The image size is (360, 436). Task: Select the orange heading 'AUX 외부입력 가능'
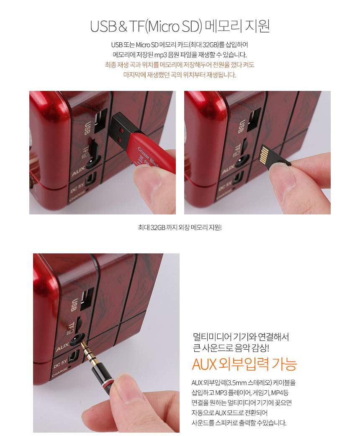coord(244,364)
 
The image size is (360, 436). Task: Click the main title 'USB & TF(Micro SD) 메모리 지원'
coord(180,26)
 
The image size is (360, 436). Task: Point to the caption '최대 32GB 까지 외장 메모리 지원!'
coord(180,227)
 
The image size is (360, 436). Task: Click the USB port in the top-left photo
coord(100,121)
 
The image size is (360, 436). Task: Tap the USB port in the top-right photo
coord(254,119)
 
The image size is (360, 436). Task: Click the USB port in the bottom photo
coord(87,299)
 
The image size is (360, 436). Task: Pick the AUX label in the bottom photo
coord(62,347)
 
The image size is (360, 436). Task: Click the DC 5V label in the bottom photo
coord(60,363)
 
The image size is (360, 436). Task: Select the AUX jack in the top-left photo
coord(92,162)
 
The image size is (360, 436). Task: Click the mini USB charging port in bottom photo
coord(74,357)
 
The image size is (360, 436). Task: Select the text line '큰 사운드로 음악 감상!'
coord(231,348)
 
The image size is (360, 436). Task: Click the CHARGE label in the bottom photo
coord(60,372)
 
